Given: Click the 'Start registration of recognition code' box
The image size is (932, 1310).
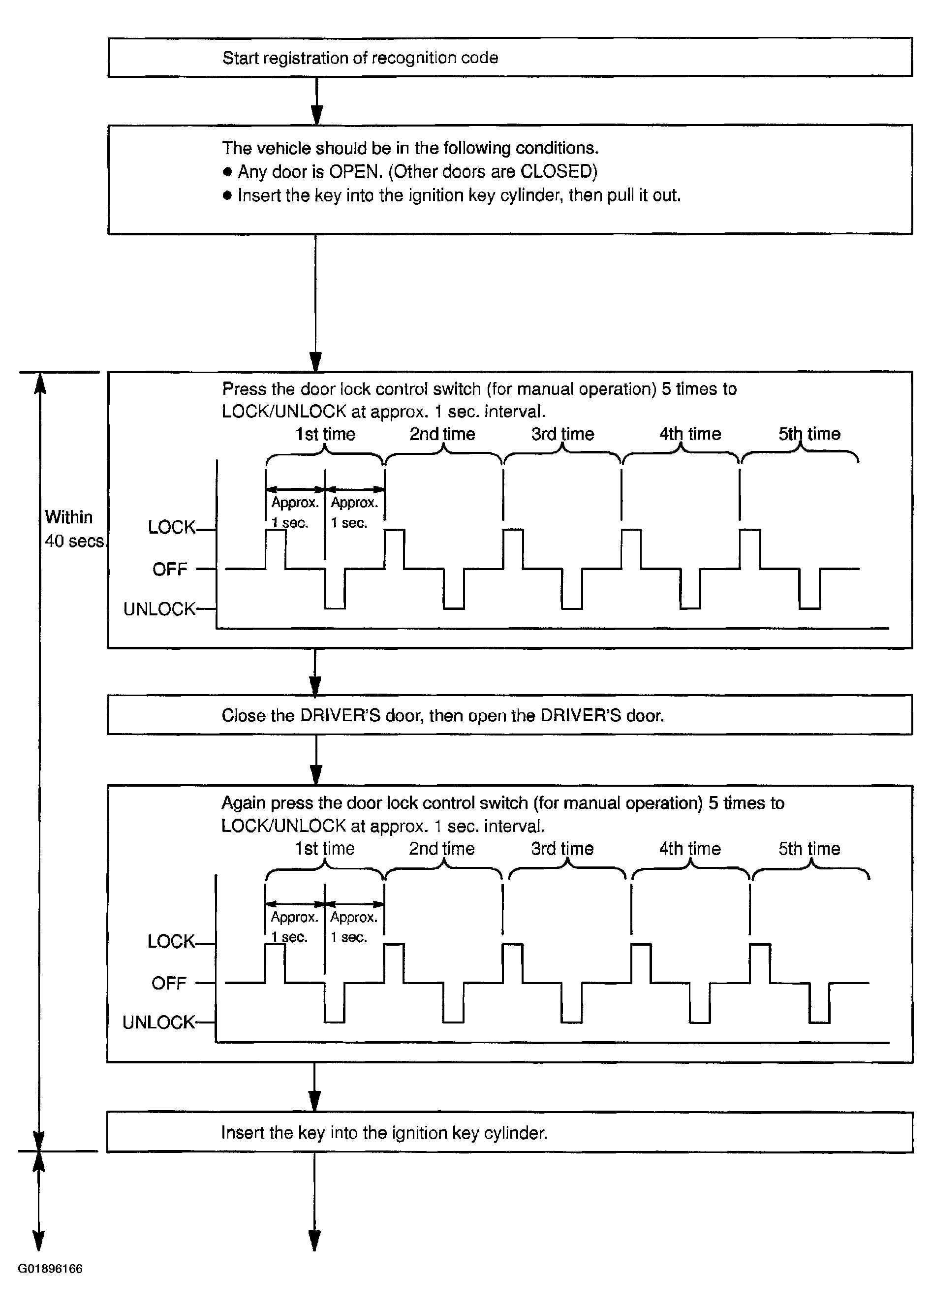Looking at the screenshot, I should click(510, 58).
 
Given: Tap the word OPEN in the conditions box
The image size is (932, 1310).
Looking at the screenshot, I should click(354, 172).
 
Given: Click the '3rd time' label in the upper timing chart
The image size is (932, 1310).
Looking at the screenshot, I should click(562, 434).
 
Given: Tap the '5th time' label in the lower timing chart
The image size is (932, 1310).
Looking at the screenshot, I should click(809, 848).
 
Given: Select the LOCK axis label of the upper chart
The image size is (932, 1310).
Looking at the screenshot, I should click(171, 527).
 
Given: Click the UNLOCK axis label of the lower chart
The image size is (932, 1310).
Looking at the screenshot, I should click(158, 1022).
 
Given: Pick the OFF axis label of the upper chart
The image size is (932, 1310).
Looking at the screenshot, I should click(170, 569).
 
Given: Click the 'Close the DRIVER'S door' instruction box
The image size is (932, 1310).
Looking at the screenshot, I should click(510, 715).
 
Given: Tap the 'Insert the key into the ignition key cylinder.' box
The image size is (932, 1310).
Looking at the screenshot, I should click(510, 1132).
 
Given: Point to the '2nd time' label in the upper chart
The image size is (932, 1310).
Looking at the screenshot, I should click(442, 434).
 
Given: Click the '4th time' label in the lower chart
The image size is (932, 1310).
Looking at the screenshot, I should click(690, 848).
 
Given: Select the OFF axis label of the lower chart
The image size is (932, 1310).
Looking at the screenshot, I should click(169, 983).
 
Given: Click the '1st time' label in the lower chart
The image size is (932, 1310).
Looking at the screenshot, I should click(325, 848).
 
